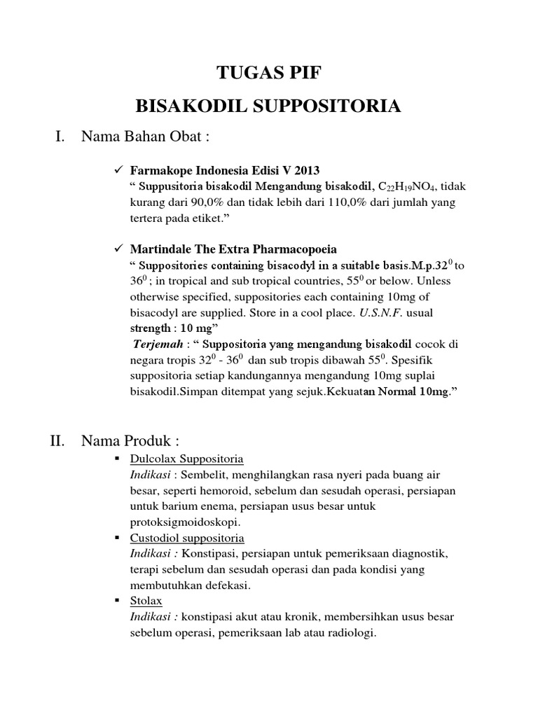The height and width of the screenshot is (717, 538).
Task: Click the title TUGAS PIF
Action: point(268,72)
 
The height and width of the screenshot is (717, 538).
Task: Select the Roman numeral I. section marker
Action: point(61,137)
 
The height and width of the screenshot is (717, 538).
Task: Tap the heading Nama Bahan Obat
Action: point(146,137)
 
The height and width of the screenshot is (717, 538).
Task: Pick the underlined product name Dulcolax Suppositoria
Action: point(187,459)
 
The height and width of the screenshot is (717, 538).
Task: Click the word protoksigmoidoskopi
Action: point(185,522)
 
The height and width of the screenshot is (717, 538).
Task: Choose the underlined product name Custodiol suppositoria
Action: point(187,538)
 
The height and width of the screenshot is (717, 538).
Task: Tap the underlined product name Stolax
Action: point(145,601)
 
